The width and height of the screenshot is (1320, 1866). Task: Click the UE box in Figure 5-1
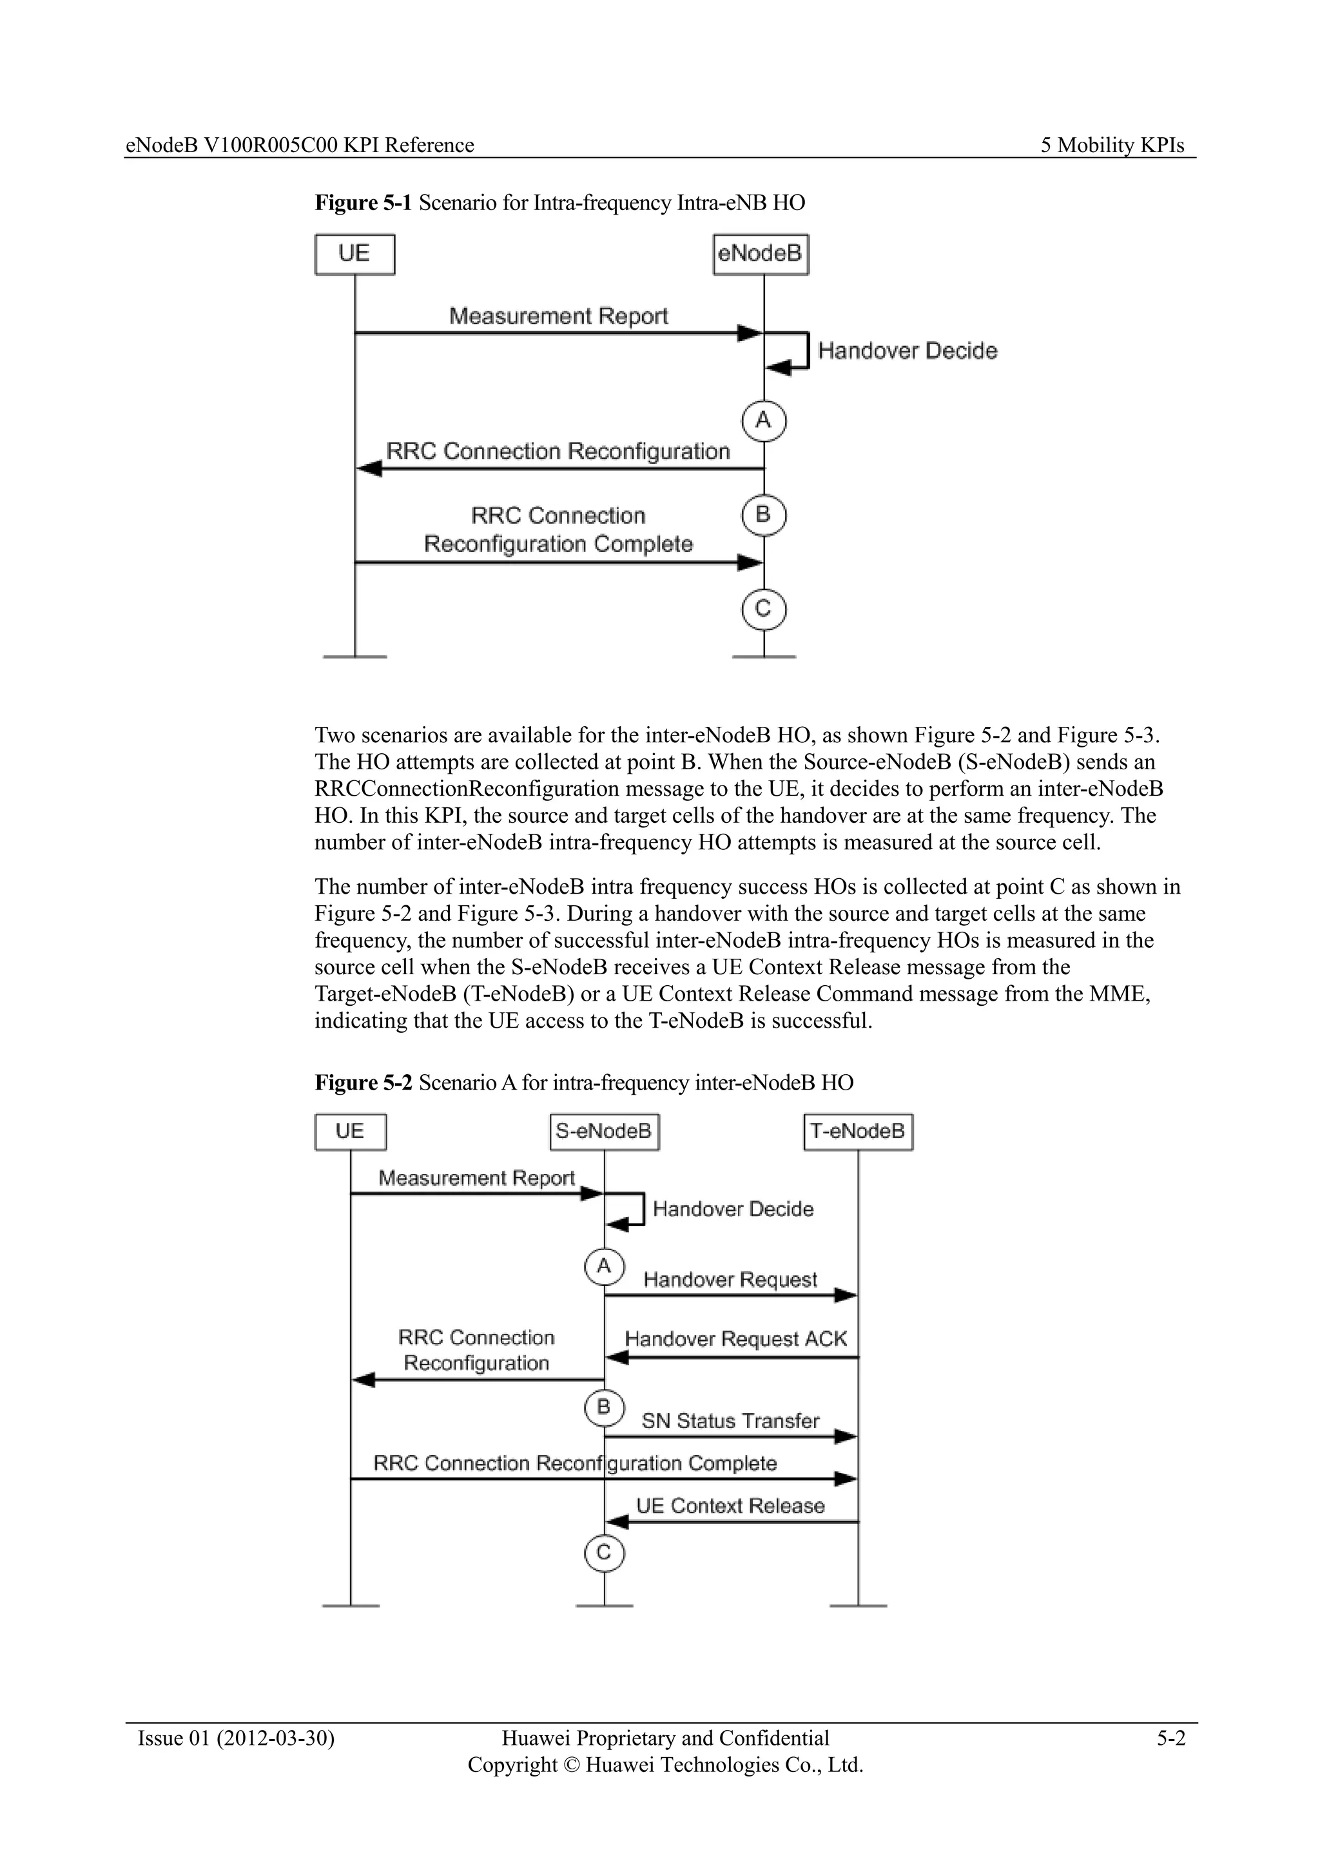(x=354, y=255)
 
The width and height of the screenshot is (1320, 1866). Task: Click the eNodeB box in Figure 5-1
(x=761, y=255)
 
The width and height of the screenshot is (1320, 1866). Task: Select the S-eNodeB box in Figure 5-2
(x=604, y=1131)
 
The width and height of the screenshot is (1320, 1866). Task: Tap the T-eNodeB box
(x=857, y=1131)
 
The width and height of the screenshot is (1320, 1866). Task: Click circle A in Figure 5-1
(x=763, y=420)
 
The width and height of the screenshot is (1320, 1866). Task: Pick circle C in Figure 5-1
(x=763, y=610)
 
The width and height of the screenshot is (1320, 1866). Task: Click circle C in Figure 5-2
(x=604, y=1553)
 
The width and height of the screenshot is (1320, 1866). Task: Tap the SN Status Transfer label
(x=730, y=1421)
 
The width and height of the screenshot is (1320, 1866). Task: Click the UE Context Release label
(x=730, y=1506)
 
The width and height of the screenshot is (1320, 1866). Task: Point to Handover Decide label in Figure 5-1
(x=907, y=351)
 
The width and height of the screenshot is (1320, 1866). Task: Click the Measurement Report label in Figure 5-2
(x=476, y=1178)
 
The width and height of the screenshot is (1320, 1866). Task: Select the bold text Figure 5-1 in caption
(x=364, y=202)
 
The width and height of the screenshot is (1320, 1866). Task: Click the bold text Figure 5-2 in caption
(x=364, y=1083)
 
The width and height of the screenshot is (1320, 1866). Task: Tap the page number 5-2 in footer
(x=1171, y=1738)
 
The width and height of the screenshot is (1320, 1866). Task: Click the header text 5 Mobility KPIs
(x=1112, y=146)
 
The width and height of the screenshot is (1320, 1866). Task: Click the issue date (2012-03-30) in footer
(x=276, y=1738)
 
